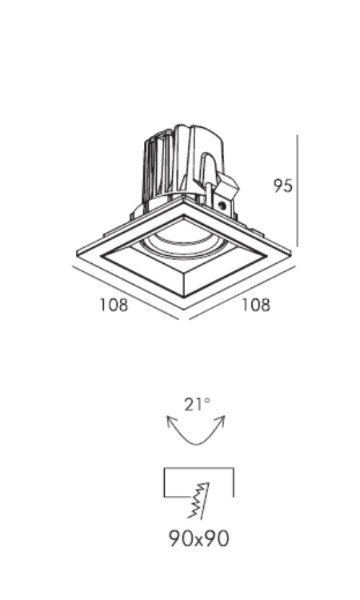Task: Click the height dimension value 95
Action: (283, 186)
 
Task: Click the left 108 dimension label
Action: (114, 305)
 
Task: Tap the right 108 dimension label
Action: (255, 305)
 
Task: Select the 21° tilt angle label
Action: (197, 405)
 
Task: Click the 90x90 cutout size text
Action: (199, 538)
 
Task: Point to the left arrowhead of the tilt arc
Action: (171, 421)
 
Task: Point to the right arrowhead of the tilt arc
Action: (221, 420)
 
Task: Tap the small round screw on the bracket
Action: (222, 205)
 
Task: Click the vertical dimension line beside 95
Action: (298, 191)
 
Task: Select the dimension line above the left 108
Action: (125, 292)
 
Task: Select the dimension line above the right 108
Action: (242, 291)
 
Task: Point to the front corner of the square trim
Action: (184, 309)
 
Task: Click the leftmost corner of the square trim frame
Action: (78, 254)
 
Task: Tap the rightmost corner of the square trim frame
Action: (291, 253)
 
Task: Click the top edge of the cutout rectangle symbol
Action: (198, 468)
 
